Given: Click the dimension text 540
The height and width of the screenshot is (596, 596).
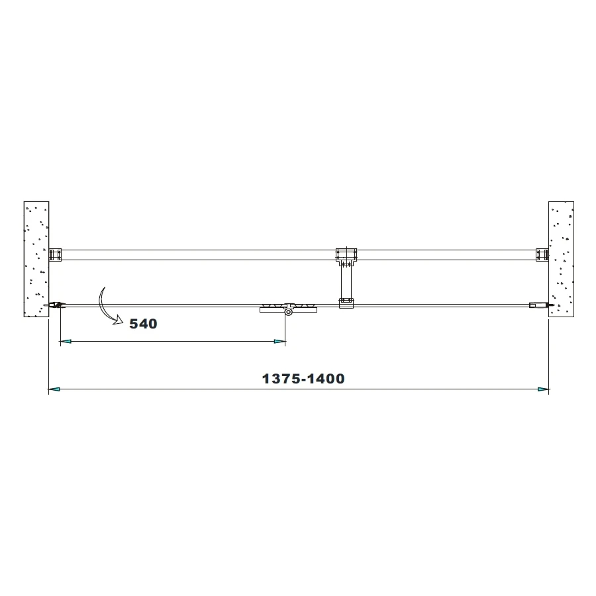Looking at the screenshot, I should (143, 324).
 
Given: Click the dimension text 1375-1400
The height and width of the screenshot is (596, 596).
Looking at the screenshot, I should (303, 379).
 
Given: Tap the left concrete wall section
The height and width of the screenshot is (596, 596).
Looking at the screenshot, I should (36, 259).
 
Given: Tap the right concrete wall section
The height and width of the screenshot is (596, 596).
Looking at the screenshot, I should (561, 259).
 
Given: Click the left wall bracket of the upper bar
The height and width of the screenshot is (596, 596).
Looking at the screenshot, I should (56, 255).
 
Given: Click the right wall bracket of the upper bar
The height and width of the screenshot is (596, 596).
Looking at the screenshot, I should (542, 255).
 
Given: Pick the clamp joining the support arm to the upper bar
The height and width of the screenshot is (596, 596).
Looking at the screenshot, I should (346, 255).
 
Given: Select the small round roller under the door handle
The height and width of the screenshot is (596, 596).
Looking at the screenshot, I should (289, 313).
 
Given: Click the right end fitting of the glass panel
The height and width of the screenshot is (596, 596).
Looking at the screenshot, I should (538, 305).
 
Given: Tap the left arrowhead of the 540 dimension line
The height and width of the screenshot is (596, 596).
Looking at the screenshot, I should (65, 342).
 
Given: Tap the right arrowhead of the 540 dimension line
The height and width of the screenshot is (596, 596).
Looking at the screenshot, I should (280, 342).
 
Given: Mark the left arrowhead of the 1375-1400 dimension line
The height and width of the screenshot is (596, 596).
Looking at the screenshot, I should (54, 389).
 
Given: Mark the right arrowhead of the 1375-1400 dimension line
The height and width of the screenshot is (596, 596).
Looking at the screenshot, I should (543, 389).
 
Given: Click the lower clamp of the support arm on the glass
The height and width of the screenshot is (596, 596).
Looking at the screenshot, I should (346, 303).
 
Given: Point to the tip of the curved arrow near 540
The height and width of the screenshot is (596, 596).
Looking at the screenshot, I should (121, 321).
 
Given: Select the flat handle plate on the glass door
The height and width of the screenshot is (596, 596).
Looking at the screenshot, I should (288, 308).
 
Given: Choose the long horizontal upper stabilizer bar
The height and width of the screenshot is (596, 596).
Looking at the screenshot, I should (199, 255).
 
